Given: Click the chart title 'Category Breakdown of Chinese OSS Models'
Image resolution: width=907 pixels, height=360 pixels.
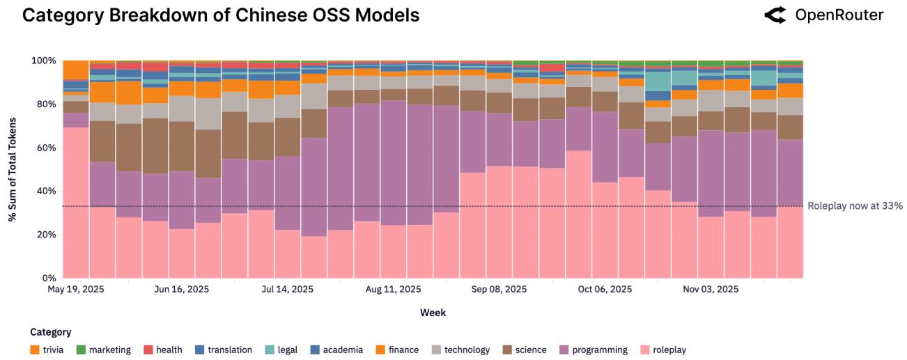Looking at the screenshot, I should pyautogui.click(x=221, y=15).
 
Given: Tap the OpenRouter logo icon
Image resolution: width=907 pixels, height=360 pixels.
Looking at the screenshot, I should pyautogui.click(x=774, y=15).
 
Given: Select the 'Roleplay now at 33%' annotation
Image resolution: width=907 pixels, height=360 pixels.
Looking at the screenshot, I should pyautogui.click(x=855, y=206).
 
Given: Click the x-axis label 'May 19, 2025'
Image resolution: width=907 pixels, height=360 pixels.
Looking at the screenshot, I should pyautogui.click(x=76, y=289).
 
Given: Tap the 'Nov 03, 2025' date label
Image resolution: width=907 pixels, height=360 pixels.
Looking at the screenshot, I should pyautogui.click(x=711, y=289).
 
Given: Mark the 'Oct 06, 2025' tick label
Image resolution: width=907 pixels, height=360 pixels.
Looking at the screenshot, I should pyautogui.click(x=605, y=289).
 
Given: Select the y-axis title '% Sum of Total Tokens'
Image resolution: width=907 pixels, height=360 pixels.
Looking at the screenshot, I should pyautogui.click(x=13, y=169).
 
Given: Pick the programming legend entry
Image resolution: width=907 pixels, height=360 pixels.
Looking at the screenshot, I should pyautogui.click(x=594, y=350).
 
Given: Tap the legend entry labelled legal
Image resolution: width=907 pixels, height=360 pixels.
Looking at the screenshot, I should pyautogui.click(x=282, y=350).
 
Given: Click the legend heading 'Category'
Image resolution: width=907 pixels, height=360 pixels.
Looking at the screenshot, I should pyautogui.click(x=51, y=332).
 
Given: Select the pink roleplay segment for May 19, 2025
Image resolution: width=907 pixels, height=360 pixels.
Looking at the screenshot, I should pyautogui.click(x=76, y=202).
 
